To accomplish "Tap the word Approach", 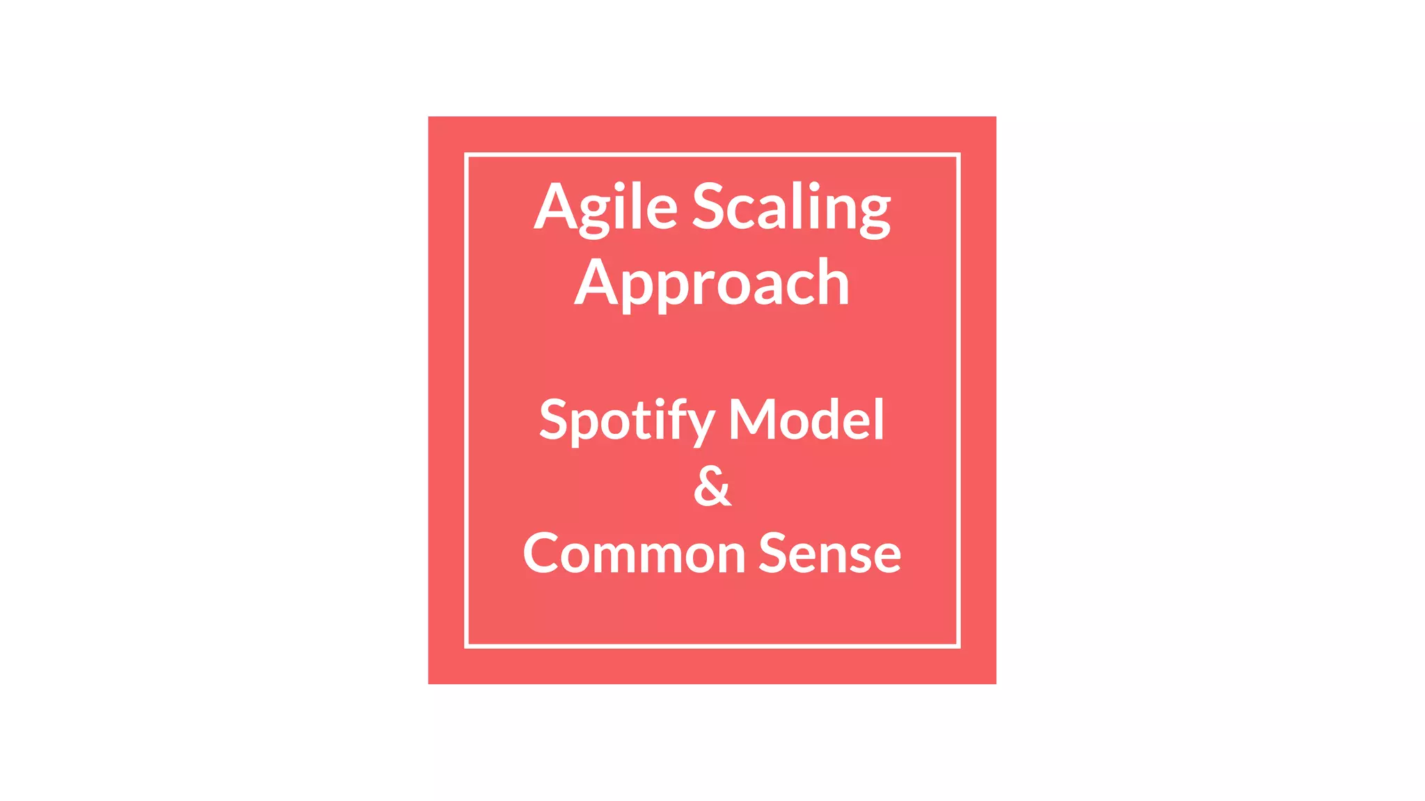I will pyautogui.click(x=712, y=283).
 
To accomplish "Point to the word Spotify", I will pyautogui.click(x=626, y=420).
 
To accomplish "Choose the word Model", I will pyautogui.click(x=806, y=420).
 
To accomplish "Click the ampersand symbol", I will pyautogui.click(x=712, y=487).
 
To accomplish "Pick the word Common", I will pyautogui.click(x=634, y=553).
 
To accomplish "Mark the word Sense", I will pyautogui.click(x=829, y=553).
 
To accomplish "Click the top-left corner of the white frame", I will pyautogui.click(x=467, y=155).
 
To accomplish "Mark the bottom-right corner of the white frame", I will pyautogui.click(x=958, y=646).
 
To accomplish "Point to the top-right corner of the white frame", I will pyautogui.click(x=958, y=155).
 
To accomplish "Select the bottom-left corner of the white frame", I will pyautogui.click(x=467, y=646).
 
